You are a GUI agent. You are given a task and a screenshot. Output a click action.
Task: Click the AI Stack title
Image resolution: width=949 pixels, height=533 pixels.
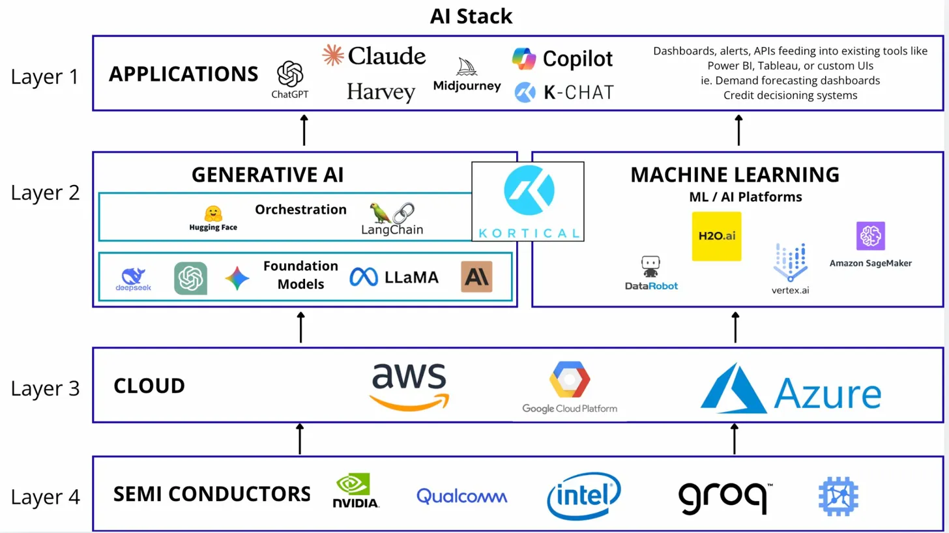pyautogui.click(x=471, y=16)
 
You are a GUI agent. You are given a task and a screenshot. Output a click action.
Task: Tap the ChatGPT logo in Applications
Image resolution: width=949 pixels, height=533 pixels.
pyautogui.click(x=290, y=74)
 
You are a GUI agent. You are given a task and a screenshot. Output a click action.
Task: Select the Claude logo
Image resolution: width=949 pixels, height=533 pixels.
pyautogui.click(x=374, y=56)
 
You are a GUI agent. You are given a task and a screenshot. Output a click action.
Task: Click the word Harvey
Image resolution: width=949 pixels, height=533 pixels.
pyautogui.click(x=381, y=92)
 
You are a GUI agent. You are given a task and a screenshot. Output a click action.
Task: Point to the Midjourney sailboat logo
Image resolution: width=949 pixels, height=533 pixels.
pyautogui.click(x=467, y=67)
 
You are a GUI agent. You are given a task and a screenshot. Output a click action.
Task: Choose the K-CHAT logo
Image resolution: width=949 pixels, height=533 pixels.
pyautogui.click(x=564, y=93)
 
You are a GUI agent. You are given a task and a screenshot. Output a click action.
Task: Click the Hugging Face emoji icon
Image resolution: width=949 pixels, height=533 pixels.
pyautogui.click(x=213, y=213)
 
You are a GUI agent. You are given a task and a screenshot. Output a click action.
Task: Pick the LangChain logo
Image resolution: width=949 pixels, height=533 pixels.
pyautogui.click(x=392, y=218)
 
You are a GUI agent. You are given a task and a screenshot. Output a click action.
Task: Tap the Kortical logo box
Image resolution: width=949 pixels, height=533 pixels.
pyautogui.click(x=528, y=201)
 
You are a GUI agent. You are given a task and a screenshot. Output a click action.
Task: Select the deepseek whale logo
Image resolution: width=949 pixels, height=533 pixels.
pyautogui.click(x=134, y=277)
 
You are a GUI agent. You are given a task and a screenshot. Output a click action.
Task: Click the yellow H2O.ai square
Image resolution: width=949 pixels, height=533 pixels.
pyautogui.click(x=716, y=237)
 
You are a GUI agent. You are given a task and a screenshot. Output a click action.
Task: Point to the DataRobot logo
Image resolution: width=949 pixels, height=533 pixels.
pyautogui.click(x=651, y=273)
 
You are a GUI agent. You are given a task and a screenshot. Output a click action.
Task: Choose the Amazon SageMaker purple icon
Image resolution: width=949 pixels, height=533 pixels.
pyautogui.click(x=870, y=236)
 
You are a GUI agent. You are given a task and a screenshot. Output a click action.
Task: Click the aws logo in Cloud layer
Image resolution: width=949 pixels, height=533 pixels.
pyautogui.click(x=409, y=386)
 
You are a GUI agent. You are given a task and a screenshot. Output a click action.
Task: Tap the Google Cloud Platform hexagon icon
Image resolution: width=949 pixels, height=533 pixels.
pyautogui.click(x=569, y=380)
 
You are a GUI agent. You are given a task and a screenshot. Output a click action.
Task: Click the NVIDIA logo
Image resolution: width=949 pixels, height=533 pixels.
pyautogui.click(x=355, y=491)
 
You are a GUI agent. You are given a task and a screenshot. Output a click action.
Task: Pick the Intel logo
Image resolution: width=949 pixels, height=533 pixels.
pyautogui.click(x=583, y=496)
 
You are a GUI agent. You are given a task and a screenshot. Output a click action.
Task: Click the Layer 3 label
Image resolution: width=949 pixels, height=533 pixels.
pyautogui.click(x=45, y=388)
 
